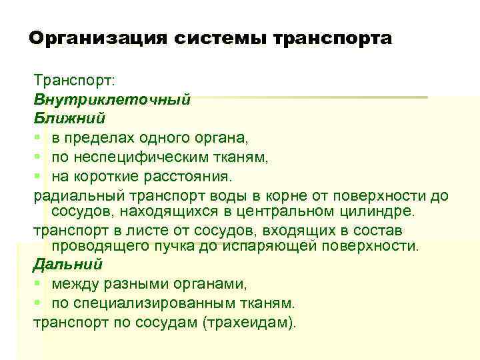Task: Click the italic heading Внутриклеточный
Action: (112, 99)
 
